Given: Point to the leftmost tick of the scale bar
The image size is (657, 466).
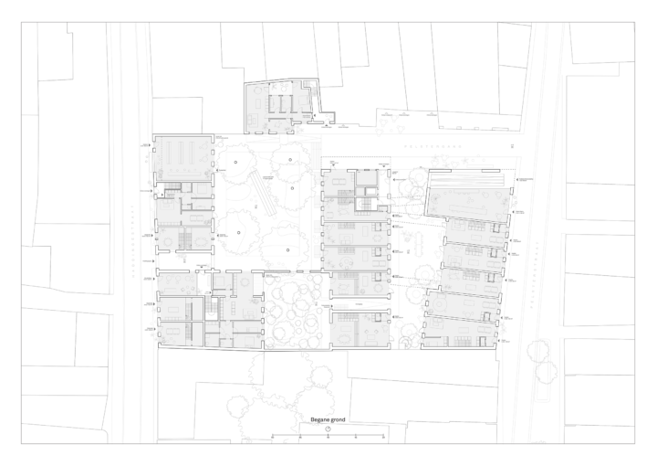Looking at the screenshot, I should click(x=272, y=437).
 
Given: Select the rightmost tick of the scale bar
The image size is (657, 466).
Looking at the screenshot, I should click(x=383, y=437).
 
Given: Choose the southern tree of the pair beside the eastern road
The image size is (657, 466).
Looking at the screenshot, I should click(x=547, y=371).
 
